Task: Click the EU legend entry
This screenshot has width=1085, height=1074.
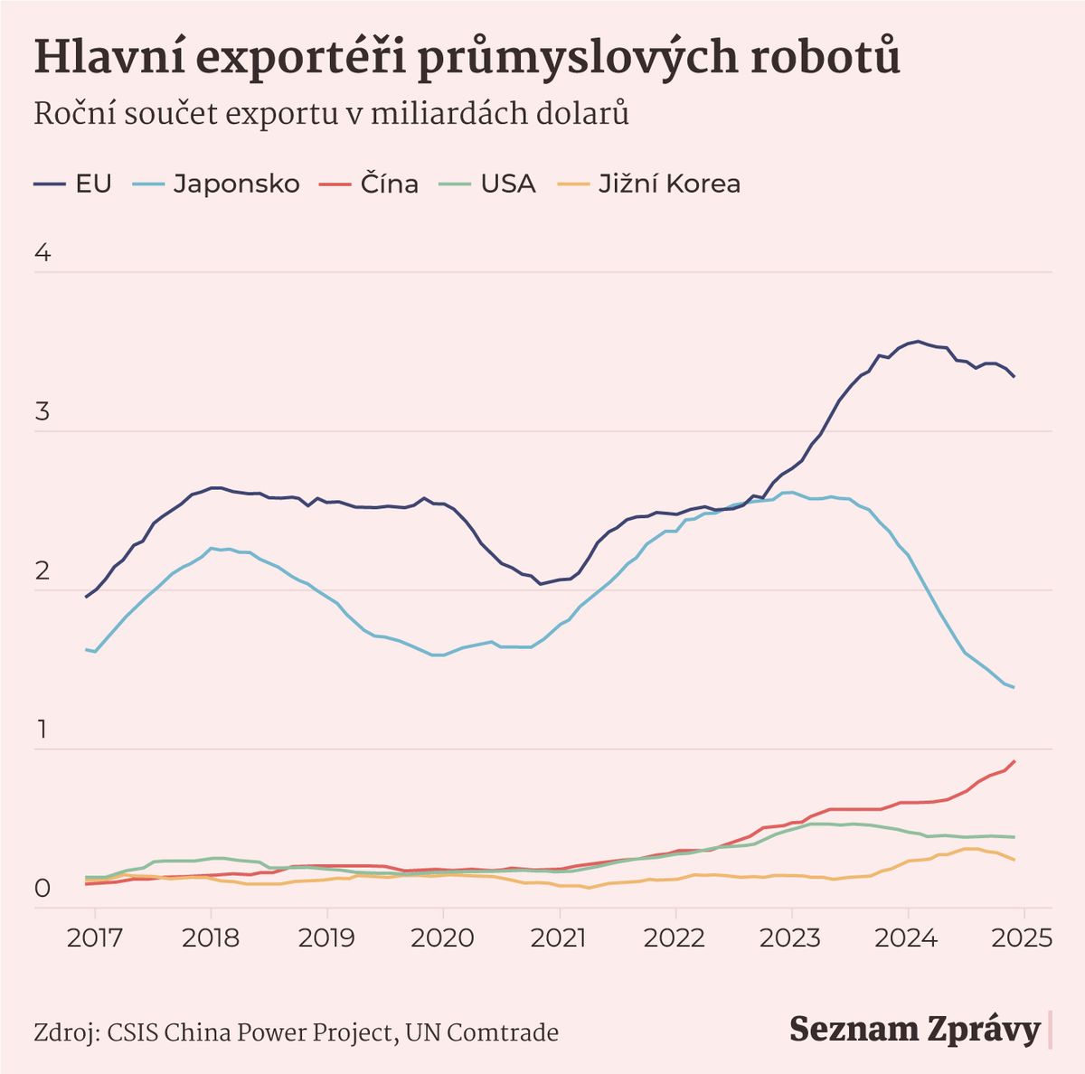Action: (x=73, y=184)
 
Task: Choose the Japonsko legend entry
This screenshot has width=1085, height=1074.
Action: (x=217, y=184)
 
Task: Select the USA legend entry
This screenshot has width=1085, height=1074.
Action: (x=487, y=184)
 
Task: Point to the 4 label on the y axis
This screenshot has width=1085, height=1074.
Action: (x=42, y=254)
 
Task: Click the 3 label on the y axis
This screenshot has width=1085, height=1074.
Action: (x=42, y=413)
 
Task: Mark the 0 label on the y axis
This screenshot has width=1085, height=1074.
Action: (x=42, y=890)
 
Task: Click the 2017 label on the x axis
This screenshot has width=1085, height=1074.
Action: (x=95, y=937)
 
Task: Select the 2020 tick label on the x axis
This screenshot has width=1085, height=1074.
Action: (x=443, y=937)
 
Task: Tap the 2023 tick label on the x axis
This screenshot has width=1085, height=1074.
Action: (x=792, y=937)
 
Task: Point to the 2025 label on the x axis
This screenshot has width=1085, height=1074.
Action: (x=1024, y=937)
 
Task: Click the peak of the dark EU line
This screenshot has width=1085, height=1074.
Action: (x=919, y=341)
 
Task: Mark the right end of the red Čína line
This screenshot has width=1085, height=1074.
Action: (x=1014, y=761)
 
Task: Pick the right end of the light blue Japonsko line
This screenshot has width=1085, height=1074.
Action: (x=1014, y=687)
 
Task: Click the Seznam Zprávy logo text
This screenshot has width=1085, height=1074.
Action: (x=915, y=1030)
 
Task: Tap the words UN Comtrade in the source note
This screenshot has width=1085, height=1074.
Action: (x=482, y=1032)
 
